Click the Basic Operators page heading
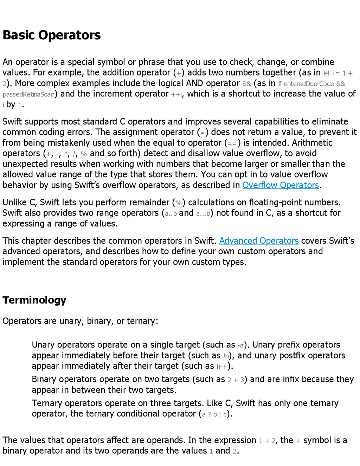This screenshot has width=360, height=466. tap(52, 35)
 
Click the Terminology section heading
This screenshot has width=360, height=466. tap(34, 300)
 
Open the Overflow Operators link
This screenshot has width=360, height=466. tap(281, 185)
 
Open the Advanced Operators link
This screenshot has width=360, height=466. tap(259, 241)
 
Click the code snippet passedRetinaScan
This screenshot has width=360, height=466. tap(28, 94)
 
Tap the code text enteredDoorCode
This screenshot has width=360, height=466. tap(309, 84)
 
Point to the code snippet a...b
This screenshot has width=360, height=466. tap(203, 213)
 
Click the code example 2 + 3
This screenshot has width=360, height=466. tap(236, 380)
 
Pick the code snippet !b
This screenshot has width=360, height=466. tap(226, 356)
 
